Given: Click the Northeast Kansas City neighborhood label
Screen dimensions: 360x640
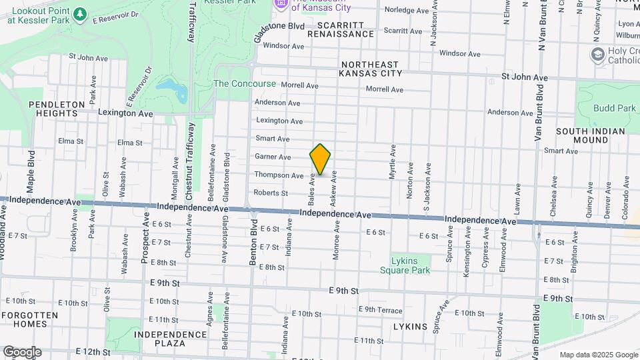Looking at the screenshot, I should click(371, 69).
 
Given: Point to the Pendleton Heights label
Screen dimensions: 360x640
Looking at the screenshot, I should click(57, 109).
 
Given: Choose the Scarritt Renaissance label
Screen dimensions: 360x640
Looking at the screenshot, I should click(341, 29).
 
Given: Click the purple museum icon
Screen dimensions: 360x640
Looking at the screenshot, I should click(281, 4).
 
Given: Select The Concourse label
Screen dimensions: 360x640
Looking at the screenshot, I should click(244, 84).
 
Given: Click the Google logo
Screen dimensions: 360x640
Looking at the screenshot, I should click(21, 352).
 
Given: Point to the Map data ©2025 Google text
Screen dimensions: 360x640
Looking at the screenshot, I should click(599, 355).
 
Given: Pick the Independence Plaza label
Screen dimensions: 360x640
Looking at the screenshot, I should click(169, 339).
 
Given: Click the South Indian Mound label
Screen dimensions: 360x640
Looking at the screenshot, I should click(591, 135).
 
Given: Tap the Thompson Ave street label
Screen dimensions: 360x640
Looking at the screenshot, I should click(279, 175).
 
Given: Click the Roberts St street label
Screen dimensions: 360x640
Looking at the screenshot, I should click(270, 193).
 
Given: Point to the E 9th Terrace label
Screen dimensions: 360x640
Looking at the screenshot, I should click(380, 309).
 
